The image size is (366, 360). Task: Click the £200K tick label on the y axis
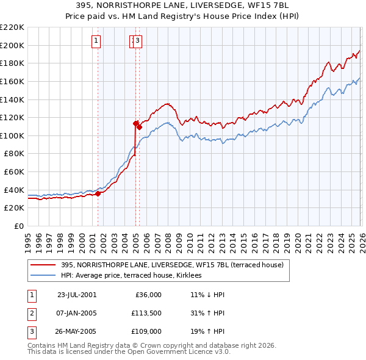[x=12, y=45]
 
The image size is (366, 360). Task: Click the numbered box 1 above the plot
[x=96, y=41]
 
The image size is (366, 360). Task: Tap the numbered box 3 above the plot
[x=137, y=41]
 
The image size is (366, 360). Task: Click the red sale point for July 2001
[x=98, y=193]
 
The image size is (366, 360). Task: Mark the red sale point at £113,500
[x=135, y=123]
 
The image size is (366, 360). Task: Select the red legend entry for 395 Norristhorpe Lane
[x=172, y=265]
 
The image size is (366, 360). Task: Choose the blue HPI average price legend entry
[x=135, y=276]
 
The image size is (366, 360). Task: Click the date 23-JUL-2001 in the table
[x=77, y=295]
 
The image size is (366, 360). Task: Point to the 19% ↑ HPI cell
[x=207, y=333]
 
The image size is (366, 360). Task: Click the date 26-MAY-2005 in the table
[x=77, y=333]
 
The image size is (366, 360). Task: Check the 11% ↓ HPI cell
[x=207, y=295]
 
